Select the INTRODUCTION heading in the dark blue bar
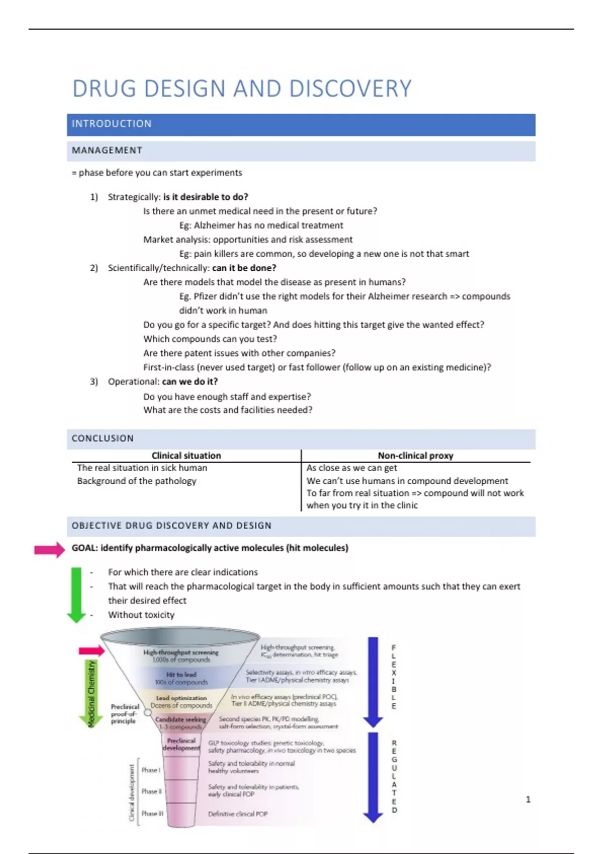click(x=112, y=124)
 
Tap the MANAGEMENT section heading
click(x=107, y=151)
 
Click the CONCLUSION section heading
click(x=103, y=439)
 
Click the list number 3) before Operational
click(x=94, y=382)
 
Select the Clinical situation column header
click(x=186, y=456)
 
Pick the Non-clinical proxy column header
click(x=416, y=456)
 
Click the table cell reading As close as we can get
click(x=352, y=468)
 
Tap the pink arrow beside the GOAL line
click(x=49, y=550)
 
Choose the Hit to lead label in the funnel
click(x=181, y=675)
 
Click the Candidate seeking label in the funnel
click(x=180, y=720)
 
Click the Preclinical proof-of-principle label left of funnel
click(x=124, y=714)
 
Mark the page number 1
click(x=528, y=799)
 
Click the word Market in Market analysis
click(x=157, y=240)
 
